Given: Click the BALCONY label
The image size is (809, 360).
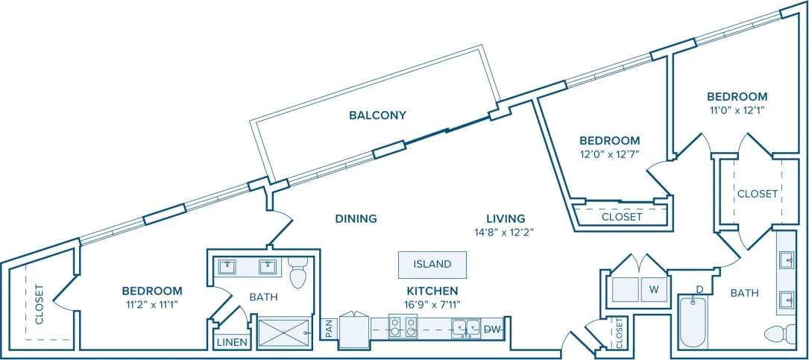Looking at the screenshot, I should coord(378,115).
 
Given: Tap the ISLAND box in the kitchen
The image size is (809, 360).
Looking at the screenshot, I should coord(432,264).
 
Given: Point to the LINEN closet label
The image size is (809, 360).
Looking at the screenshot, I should coord(231,342).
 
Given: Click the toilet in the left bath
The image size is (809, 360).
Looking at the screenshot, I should coord(298,274).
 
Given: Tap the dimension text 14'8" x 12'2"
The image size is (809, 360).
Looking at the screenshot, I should coord(506,232).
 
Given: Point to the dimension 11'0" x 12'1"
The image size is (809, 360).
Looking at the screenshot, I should coord(737,110).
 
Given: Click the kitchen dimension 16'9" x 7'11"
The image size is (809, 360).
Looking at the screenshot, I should coord(432,303).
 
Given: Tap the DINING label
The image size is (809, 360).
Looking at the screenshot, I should coord(356,218).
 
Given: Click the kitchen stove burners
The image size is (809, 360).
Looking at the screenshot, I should coord(403,327).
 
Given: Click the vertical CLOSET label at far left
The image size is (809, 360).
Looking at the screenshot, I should coord(38,305).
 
